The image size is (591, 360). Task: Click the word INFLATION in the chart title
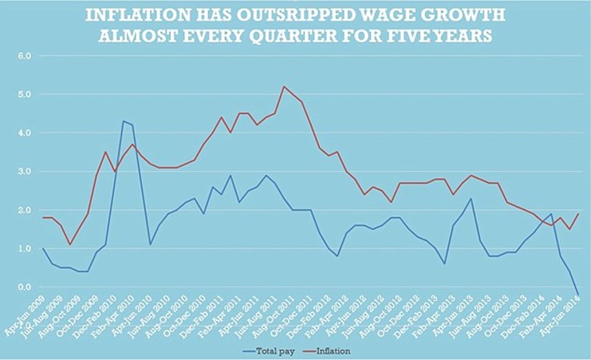(136, 14)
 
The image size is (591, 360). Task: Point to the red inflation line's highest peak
(284, 86)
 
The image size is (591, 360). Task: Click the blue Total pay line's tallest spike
(123, 121)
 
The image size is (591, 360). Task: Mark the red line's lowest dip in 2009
(70, 244)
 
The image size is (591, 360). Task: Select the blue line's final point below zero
(578, 294)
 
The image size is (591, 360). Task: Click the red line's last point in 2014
(578, 214)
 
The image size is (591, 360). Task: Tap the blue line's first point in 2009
(44, 248)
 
